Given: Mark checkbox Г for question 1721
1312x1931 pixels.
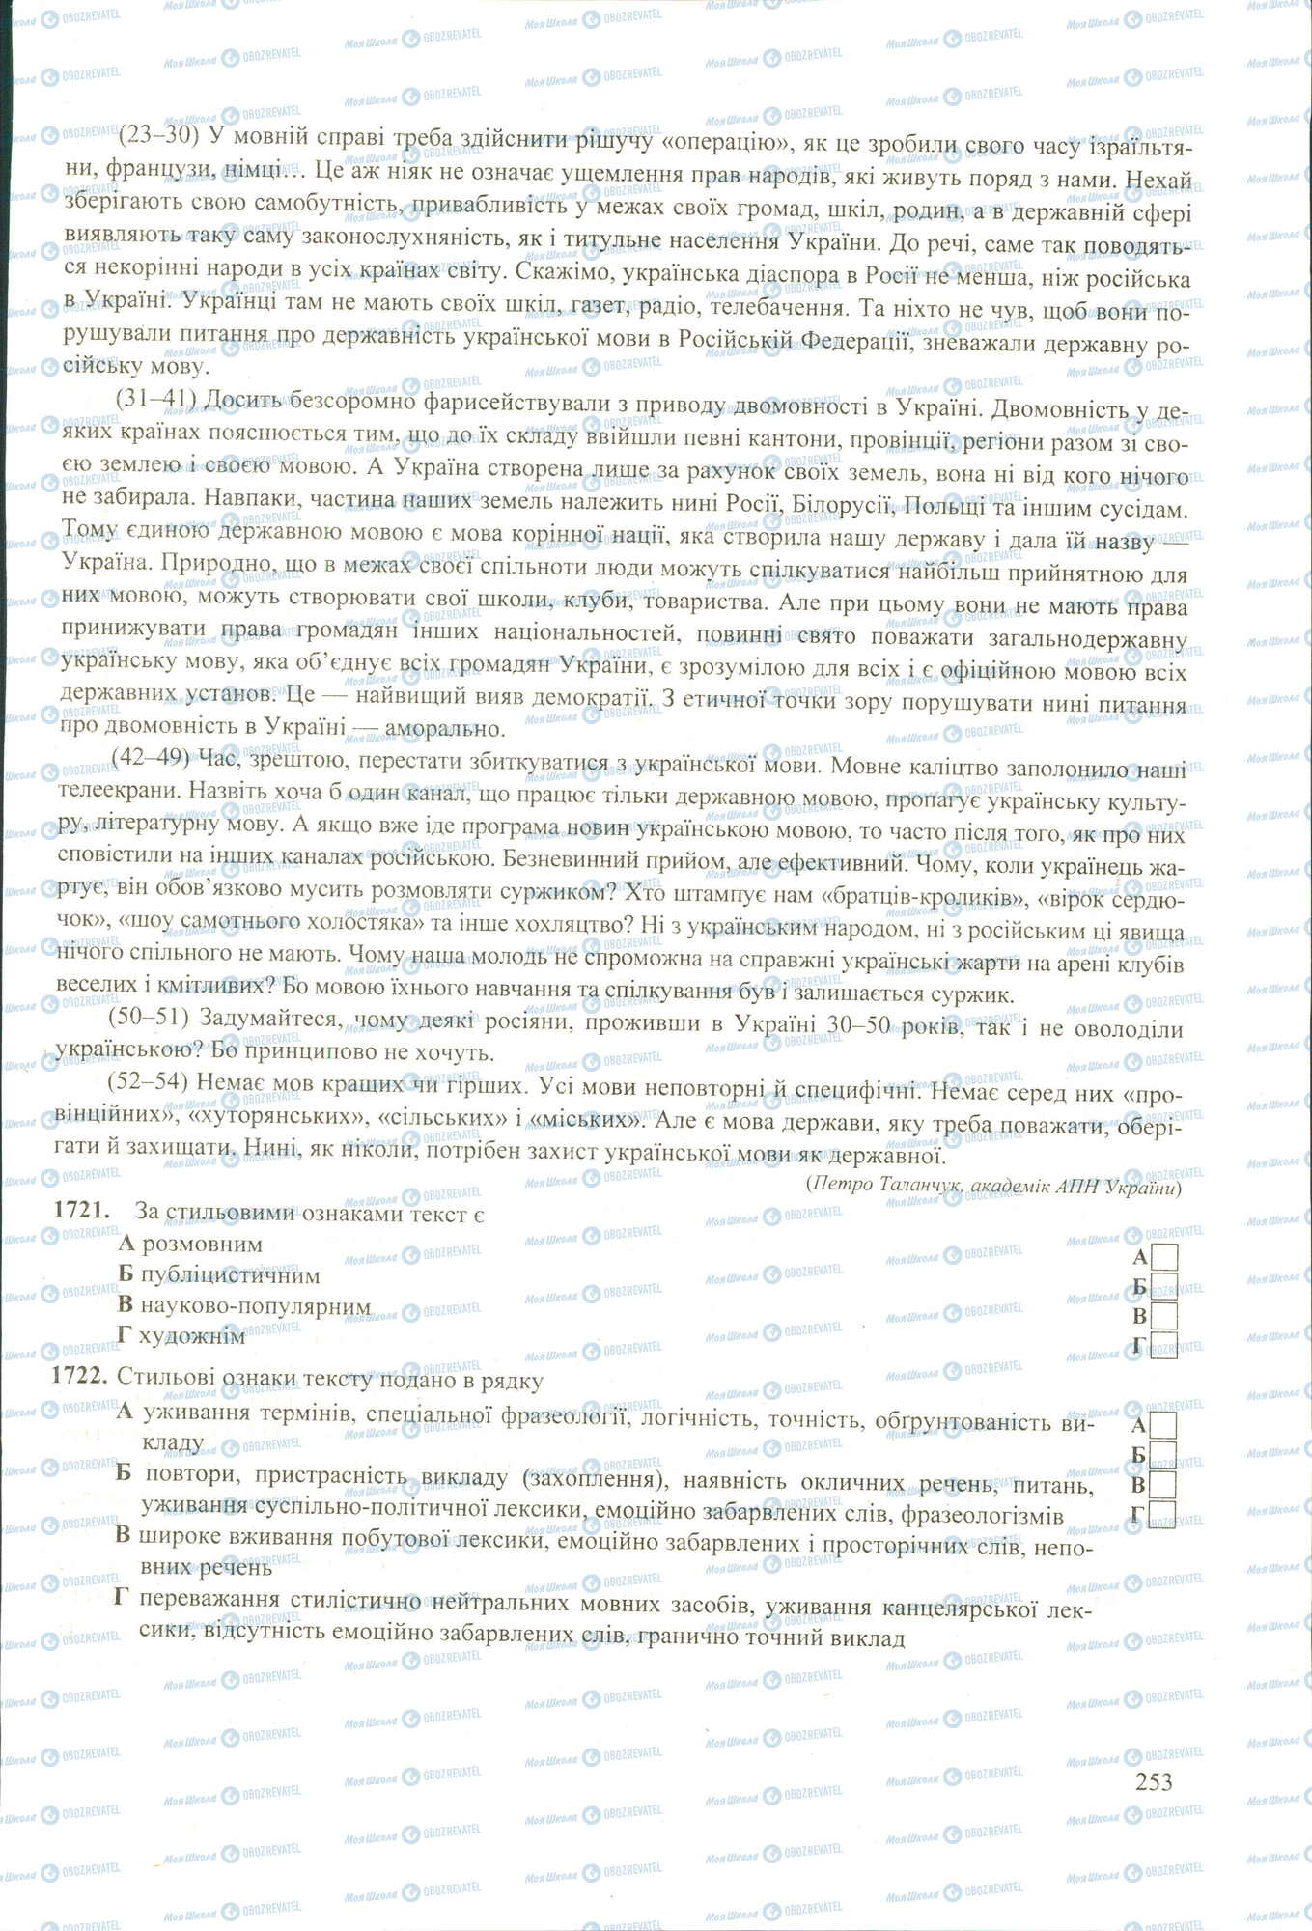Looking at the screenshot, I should point(1166,1345).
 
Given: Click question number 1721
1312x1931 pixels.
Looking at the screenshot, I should point(79,1212).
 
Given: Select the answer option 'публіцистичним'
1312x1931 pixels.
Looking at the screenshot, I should point(230,1275).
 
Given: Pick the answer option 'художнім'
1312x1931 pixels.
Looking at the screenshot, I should point(192,1336).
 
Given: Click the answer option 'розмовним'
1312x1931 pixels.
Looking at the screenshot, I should point(201,1245).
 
